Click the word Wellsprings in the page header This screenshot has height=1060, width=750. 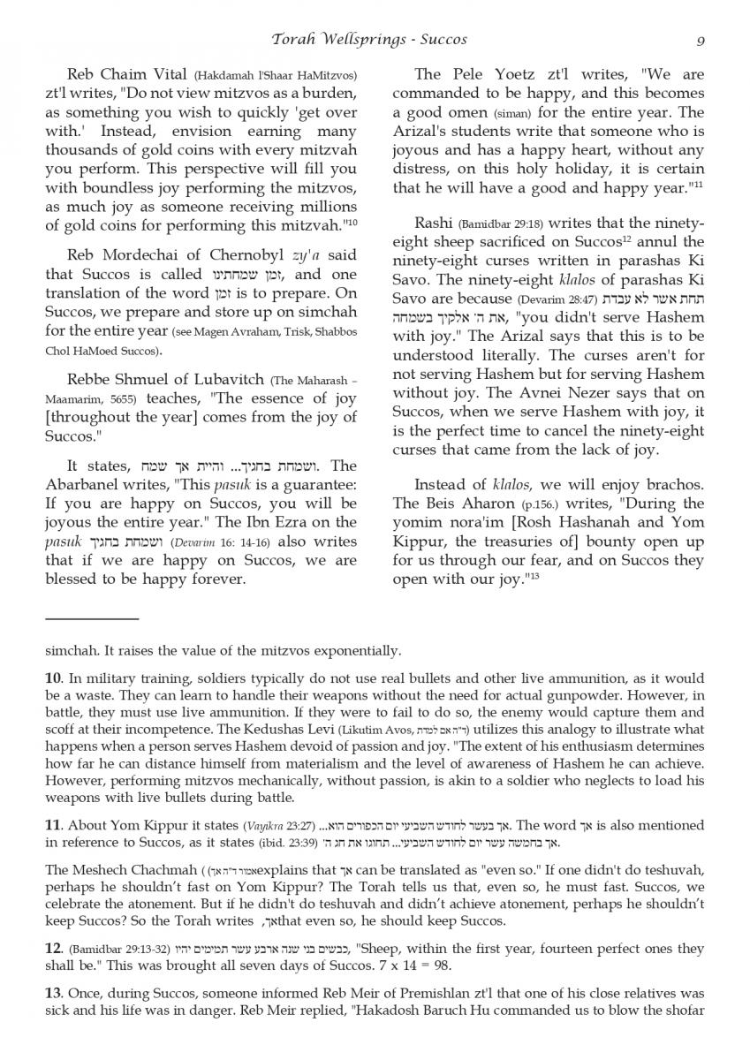tap(359, 40)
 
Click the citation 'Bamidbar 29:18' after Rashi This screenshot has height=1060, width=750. tap(505, 223)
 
